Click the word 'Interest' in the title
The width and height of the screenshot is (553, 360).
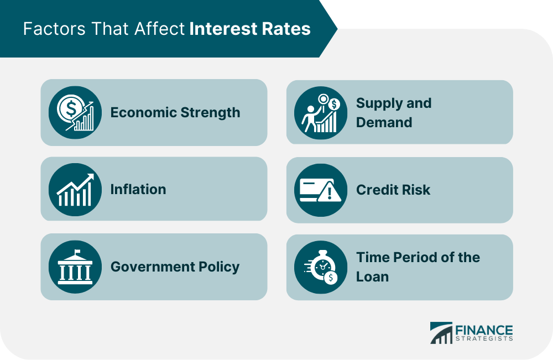point(218,29)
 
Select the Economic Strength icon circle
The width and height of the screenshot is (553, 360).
point(75,112)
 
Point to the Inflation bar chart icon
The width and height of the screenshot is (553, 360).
point(75,190)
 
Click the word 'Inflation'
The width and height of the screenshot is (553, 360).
point(138,189)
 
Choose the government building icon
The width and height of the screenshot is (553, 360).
point(75,267)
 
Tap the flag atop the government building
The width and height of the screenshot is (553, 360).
point(76,252)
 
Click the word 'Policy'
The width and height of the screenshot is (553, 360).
point(219,267)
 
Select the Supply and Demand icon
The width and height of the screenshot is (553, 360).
point(321,113)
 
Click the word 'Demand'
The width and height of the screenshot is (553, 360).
point(384,122)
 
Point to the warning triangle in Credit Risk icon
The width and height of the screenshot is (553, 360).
point(330,192)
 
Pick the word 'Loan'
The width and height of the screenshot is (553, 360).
point(372,277)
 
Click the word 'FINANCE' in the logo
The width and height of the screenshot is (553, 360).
point(484,330)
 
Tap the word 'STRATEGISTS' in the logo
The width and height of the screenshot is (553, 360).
point(484,338)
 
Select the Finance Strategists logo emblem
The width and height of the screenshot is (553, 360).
point(441,333)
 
